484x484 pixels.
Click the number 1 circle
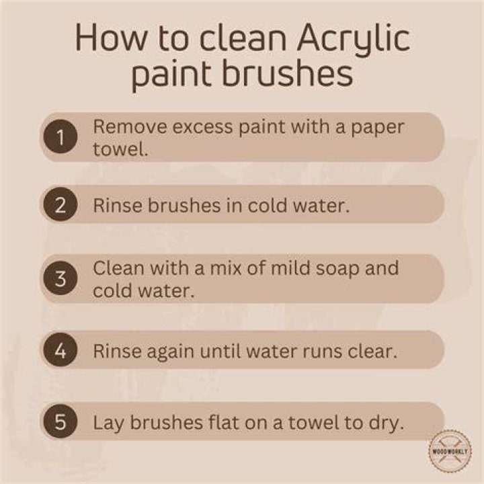pos(61,136)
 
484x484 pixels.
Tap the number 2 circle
pos(61,204)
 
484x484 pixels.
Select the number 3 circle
pos(61,278)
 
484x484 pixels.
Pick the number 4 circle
pos(61,350)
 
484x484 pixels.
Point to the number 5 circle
pos(61,421)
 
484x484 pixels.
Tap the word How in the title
pos(111,38)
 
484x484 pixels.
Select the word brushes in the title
pos(288,74)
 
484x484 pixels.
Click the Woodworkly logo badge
pos(450,451)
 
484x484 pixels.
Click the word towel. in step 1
pos(121,149)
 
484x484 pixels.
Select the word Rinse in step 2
pos(118,204)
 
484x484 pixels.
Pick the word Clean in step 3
pos(119,268)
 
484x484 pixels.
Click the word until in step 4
pos(217,351)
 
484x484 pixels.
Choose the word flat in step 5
pos(223,422)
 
